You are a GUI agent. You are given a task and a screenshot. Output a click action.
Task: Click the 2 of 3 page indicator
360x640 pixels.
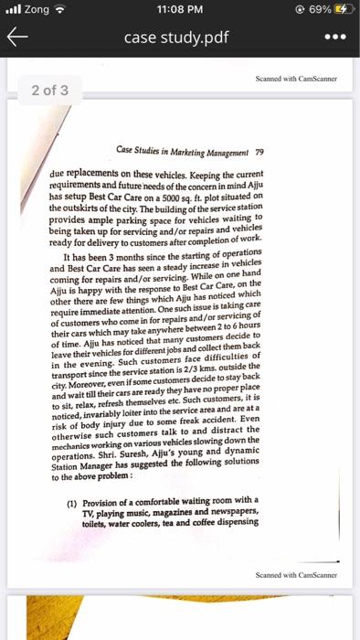[44, 91]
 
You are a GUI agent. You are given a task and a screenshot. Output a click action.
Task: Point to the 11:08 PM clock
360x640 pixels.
[179, 12]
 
